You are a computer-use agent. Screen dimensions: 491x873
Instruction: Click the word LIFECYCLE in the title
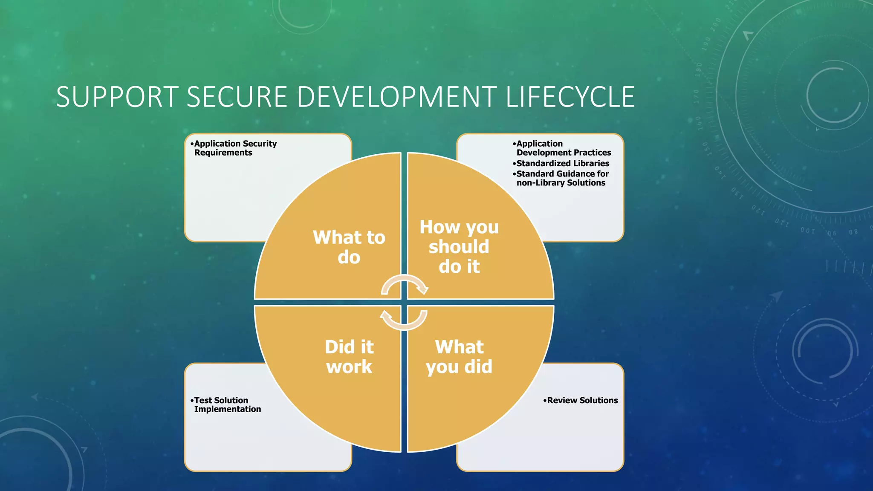point(570,97)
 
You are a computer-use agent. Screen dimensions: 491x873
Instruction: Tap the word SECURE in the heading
point(237,97)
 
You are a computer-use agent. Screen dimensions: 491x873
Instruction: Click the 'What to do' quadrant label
point(349,247)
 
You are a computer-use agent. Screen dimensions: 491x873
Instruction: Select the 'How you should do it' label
point(459,247)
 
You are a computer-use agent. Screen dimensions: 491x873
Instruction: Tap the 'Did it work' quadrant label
point(349,357)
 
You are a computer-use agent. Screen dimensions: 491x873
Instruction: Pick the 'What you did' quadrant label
point(459,357)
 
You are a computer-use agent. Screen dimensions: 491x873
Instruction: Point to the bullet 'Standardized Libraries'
point(562,164)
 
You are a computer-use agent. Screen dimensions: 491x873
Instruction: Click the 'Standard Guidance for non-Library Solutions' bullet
point(562,178)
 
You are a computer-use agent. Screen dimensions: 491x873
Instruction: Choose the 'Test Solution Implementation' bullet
point(226,404)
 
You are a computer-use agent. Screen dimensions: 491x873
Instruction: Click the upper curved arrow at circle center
point(404,284)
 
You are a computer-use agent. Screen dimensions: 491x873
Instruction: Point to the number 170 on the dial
point(697,96)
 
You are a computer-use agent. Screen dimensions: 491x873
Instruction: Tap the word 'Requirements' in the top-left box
point(223,153)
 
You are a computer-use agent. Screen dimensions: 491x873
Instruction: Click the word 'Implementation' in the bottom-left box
point(228,409)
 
